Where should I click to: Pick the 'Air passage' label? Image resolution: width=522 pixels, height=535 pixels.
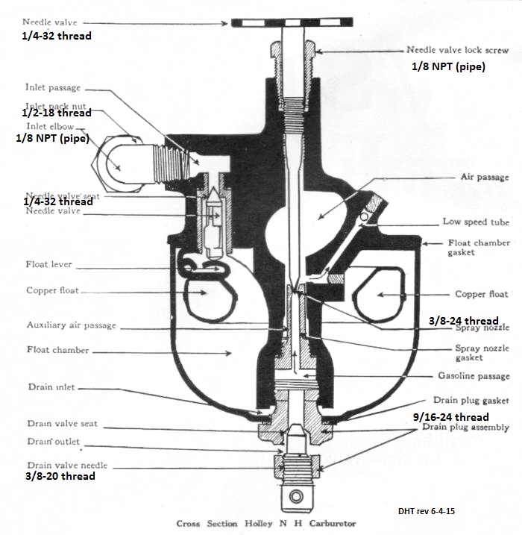click(485, 178)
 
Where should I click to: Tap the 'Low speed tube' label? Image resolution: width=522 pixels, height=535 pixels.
click(476, 222)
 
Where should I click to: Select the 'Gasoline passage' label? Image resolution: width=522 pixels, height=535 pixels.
click(482, 375)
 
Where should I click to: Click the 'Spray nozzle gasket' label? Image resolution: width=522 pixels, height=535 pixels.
click(482, 353)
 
